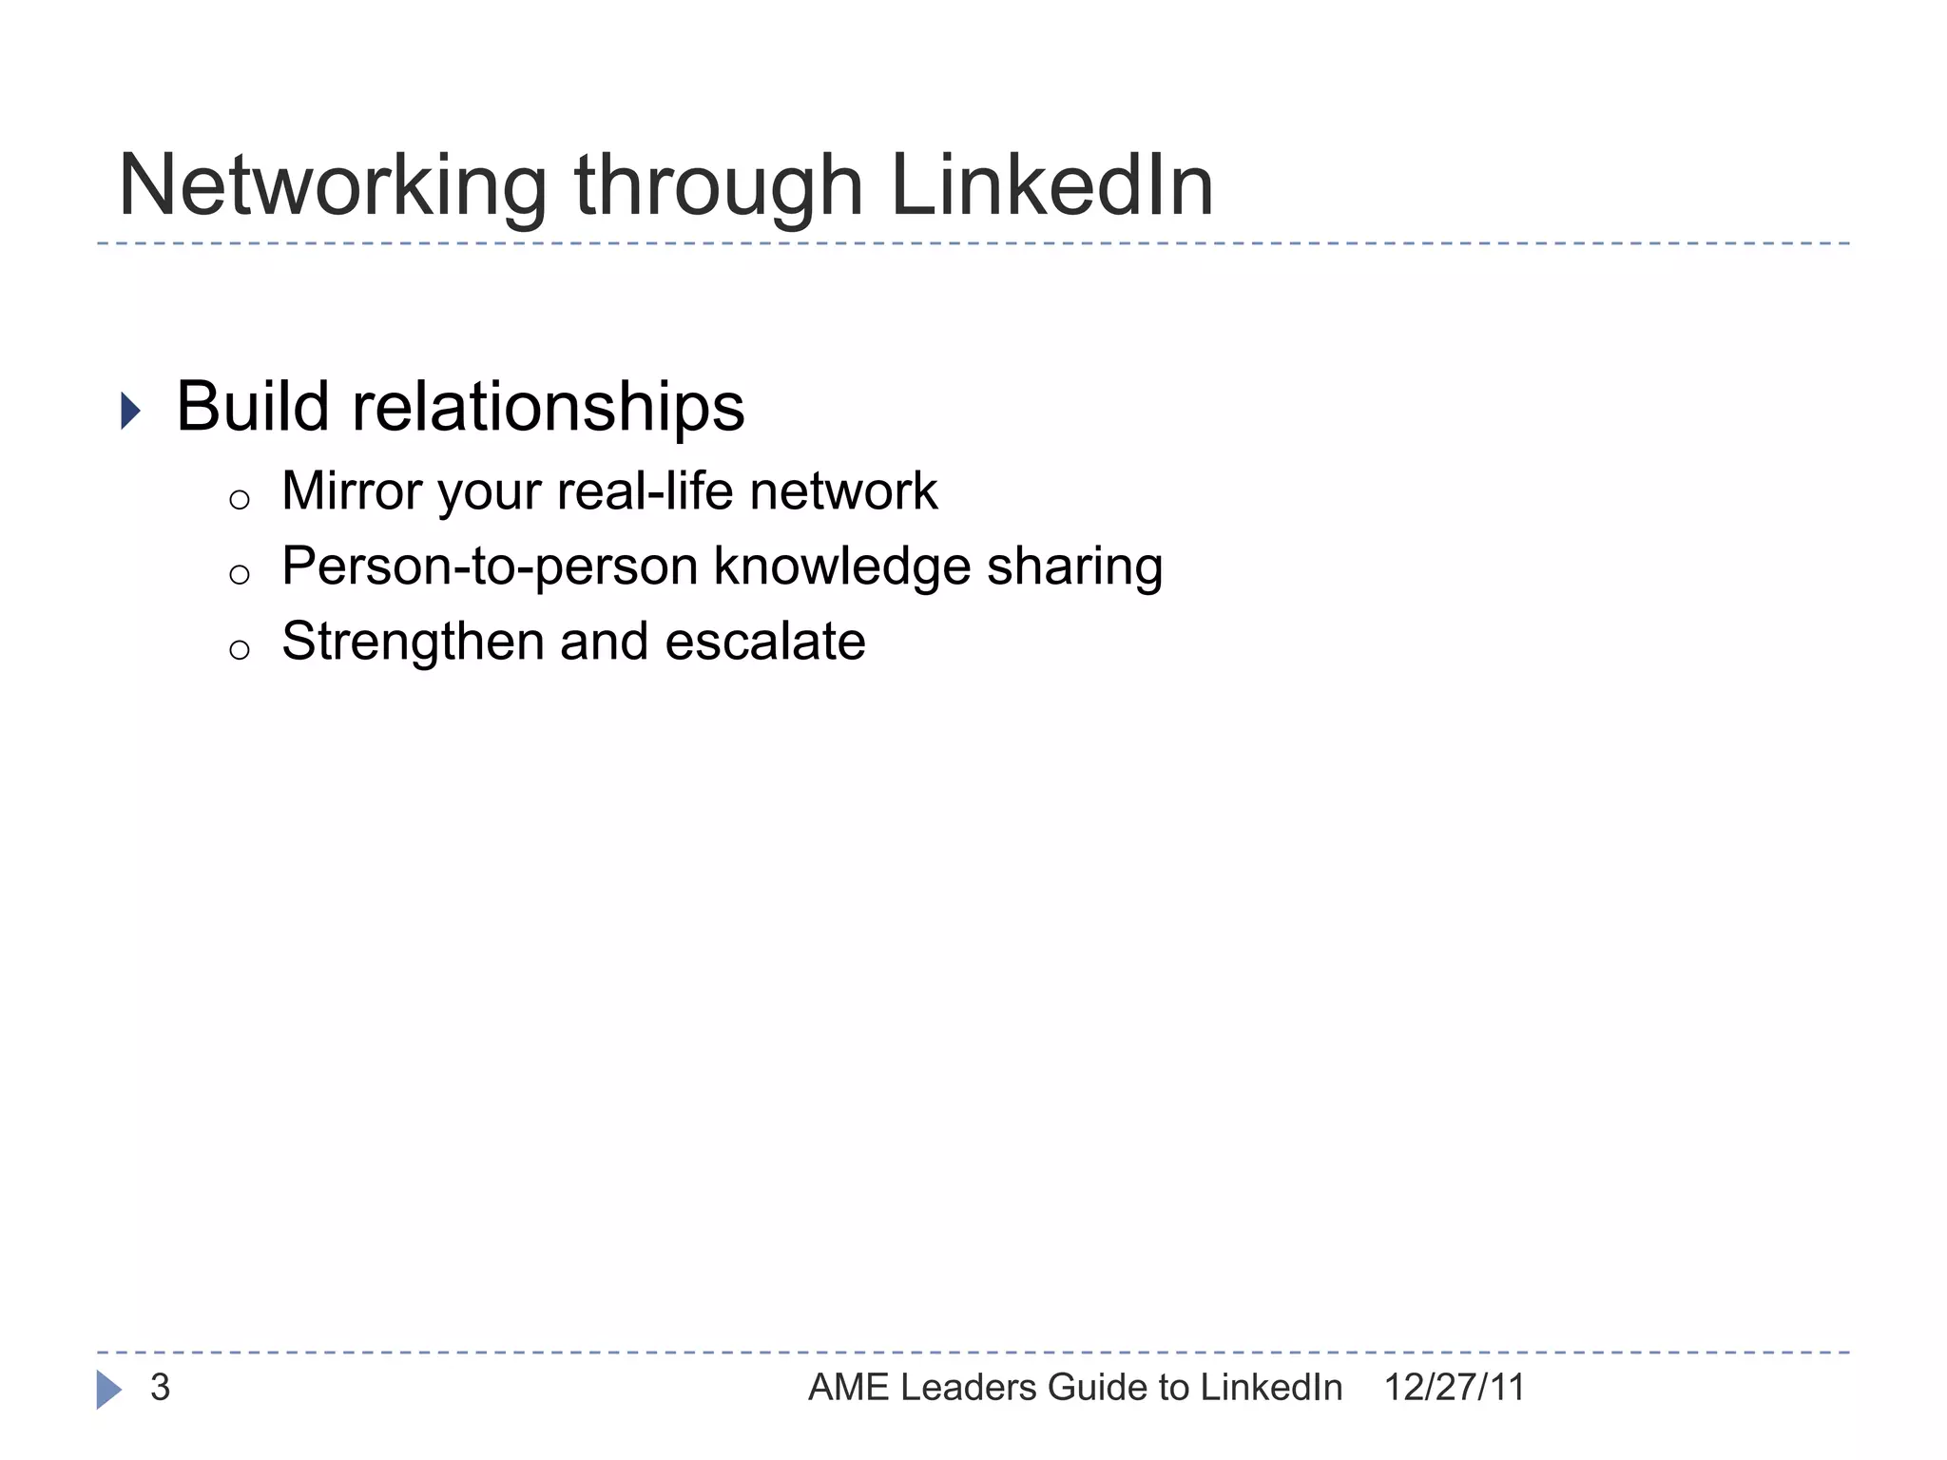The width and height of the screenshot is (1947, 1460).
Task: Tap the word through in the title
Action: (x=719, y=187)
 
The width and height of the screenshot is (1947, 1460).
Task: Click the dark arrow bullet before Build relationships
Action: (x=131, y=412)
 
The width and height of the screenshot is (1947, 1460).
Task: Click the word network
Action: (x=843, y=491)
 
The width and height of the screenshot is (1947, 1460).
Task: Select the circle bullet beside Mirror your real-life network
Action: (x=240, y=500)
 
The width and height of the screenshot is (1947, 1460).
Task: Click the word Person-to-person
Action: (x=491, y=567)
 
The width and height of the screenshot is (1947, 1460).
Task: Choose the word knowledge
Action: (x=841, y=567)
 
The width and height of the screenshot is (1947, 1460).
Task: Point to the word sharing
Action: (x=1075, y=567)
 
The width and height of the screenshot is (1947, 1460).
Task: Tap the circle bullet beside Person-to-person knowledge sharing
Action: (x=240, y=574)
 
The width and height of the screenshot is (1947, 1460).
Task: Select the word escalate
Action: (x=765, y=642)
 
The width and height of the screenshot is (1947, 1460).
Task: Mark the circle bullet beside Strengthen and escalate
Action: (x=240, y=650)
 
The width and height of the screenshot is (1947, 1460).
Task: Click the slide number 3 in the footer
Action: (x=160, y=1388)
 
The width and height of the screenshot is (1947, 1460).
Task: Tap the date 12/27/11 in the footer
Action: (x=1455, y=1388)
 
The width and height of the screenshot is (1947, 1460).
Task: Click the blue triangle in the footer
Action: (x=108, y=1390)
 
